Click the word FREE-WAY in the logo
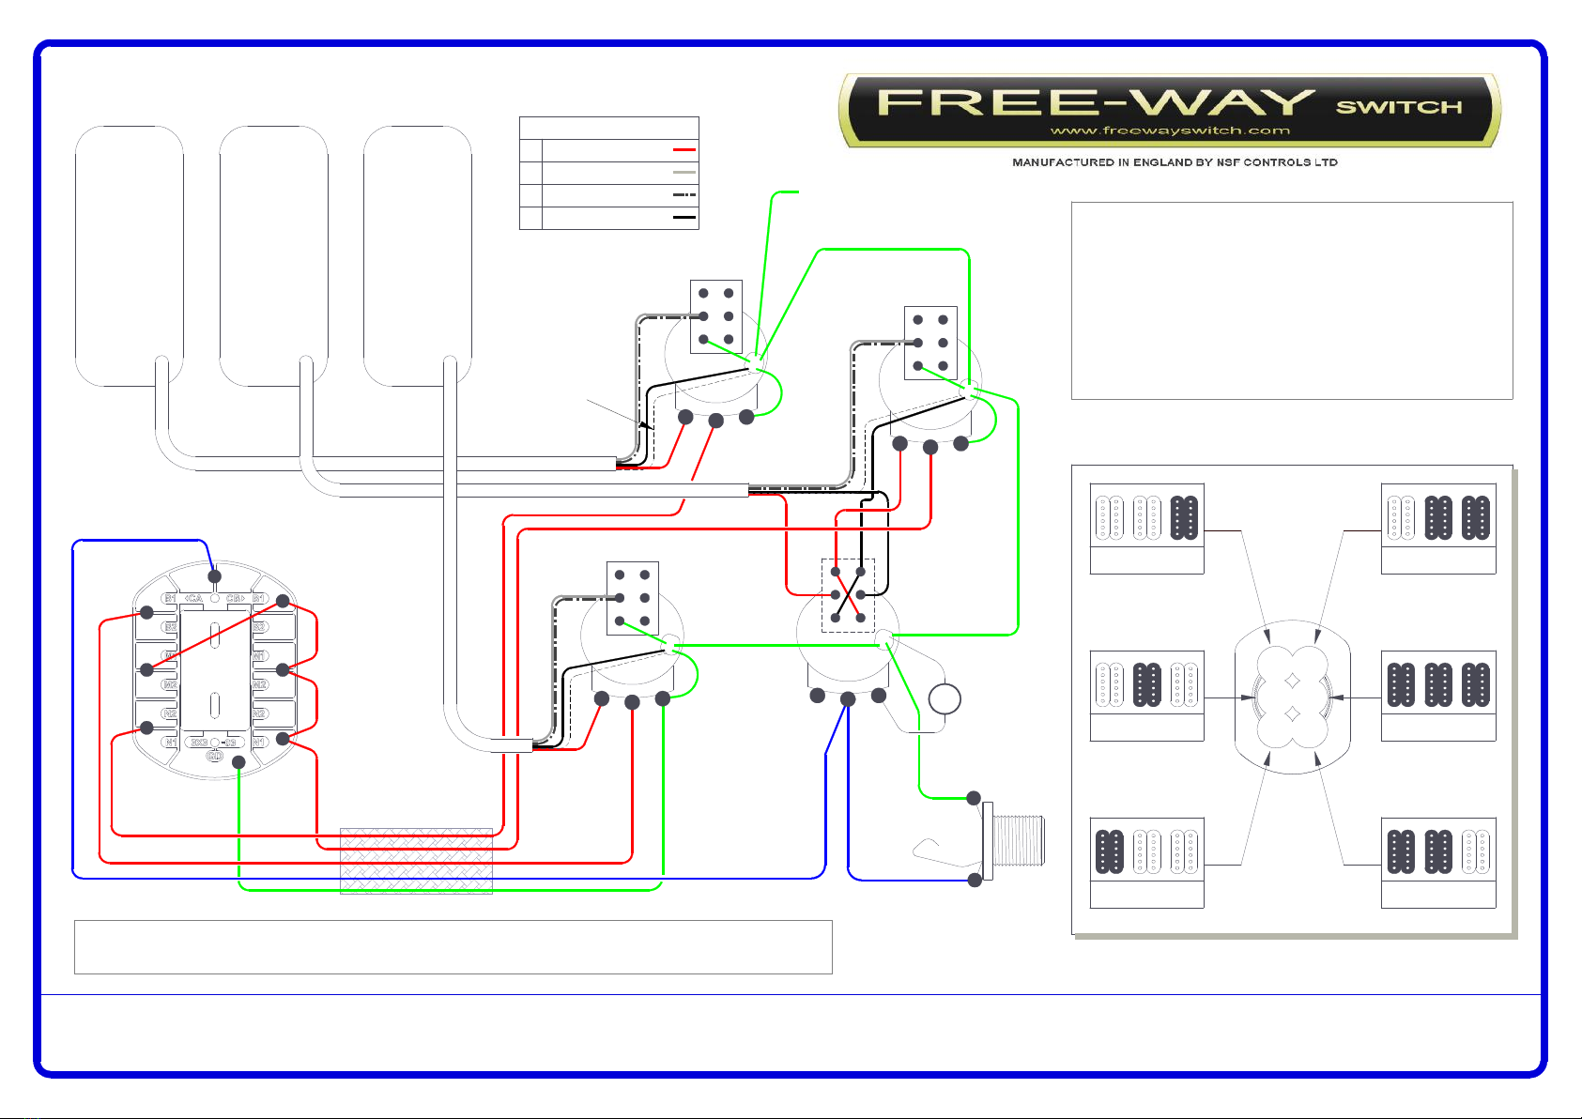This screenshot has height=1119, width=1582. tap(1095, 101)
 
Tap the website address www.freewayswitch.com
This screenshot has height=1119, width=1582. tap(1169, 130)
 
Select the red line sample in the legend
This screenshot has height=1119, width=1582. tap(684, 149)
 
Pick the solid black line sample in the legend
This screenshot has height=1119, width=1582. tap(684, 218)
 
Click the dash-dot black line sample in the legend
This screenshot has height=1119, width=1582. tap(684, 195)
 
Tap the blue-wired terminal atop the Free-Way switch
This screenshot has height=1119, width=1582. tap(215, 576)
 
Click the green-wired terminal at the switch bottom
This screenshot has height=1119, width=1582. tap(239, 763)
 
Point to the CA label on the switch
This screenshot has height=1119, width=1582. tap(193, 598)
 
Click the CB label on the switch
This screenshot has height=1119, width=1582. tap(235, 598)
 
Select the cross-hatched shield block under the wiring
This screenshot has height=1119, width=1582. tap(416, 860)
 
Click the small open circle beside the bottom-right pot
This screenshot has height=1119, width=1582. tap(945, 699)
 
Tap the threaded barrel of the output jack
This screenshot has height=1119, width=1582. tap(1019, 840)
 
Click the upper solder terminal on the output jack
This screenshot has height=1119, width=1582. tap(975, 799)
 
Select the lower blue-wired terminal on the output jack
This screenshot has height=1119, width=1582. tap(975, 880)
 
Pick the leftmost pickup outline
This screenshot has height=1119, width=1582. tap(130, 255)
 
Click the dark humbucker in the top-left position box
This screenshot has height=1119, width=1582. tap(1184, 517)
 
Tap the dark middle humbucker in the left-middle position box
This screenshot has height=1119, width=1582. tap(1147, 684)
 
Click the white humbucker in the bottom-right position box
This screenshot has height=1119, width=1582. tap(1476, 851)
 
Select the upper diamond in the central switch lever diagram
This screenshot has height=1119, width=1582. tap(1293, 681)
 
